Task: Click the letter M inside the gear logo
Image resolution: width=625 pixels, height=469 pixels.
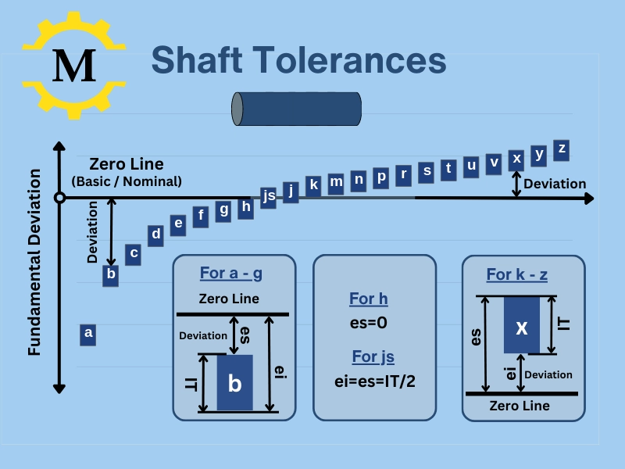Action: [x=74, y=65]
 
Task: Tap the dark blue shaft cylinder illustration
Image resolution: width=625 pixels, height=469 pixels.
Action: [x=296, y=109]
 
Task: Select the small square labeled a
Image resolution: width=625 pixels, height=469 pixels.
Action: [x=88, y=334]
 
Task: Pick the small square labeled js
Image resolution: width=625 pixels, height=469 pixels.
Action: [x=269, y=195]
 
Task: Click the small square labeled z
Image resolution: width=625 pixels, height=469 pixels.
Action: [x=561, y=149]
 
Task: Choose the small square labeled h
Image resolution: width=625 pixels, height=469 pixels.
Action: [x=246, y=207]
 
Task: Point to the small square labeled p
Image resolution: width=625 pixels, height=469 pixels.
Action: [x=381, y=177]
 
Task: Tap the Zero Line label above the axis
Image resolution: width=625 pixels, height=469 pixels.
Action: [x=127, y=164]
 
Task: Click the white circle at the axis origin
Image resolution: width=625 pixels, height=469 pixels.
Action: [x=59, y=198]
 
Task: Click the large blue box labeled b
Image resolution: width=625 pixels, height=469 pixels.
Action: [x=234, y=383]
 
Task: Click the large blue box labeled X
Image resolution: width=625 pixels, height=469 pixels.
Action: [x=521, y=327]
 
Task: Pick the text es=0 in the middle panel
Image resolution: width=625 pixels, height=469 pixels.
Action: [x=369, y=321]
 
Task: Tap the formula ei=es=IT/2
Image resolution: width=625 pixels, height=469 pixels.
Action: [x=374, y=381]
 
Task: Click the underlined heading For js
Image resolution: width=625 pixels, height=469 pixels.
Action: [x=373, y=357]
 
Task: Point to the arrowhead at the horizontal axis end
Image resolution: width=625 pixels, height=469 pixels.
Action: [x=590, y=199]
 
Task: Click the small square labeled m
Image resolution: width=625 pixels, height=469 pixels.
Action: [x=336, y=182]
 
